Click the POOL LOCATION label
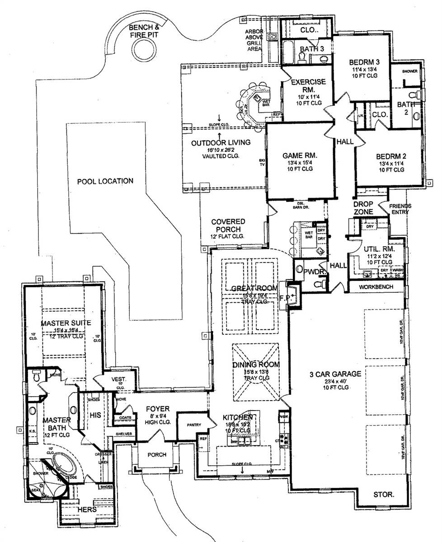[x=105, y=181]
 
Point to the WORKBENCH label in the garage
[x=376, y=287]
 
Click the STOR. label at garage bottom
[x=384, y=494]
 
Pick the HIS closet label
[x=95, y=414]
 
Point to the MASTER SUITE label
[x=66, y=323]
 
